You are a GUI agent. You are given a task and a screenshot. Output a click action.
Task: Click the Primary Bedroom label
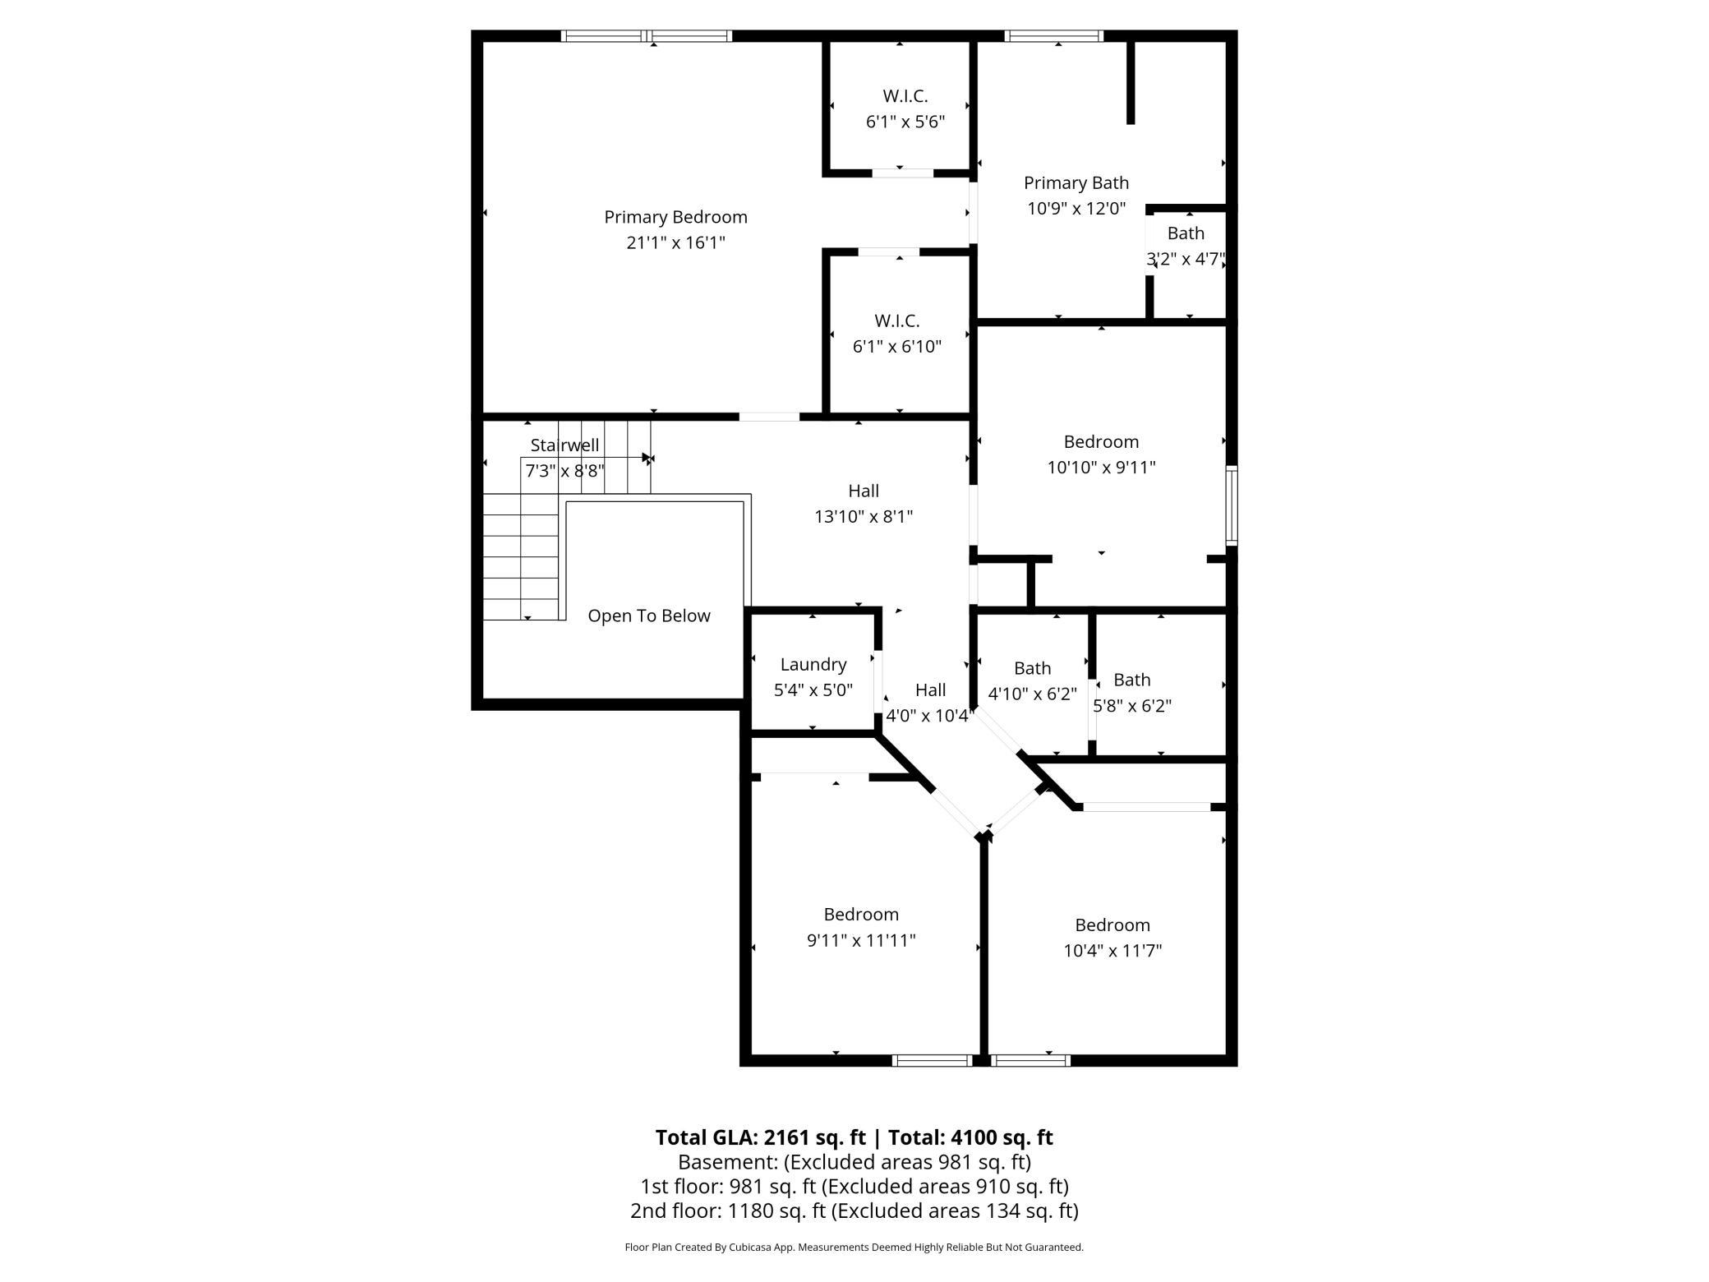coord(675,218)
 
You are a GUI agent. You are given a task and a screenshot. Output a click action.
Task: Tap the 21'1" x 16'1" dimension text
coord(675,242)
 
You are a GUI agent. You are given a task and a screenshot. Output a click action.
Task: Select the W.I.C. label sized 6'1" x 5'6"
coord(905,96)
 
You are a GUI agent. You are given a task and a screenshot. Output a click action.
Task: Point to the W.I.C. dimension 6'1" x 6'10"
coord(897,346)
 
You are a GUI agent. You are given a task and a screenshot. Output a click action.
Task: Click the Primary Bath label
coord(1076,183)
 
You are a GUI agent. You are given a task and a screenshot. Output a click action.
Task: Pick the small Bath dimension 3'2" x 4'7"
coord(1186,259)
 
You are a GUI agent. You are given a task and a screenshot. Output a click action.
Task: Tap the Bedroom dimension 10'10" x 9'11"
coord(1101,468)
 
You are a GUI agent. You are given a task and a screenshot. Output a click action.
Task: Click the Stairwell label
coord(564,445)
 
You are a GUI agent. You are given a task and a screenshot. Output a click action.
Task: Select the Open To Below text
coord(649,616)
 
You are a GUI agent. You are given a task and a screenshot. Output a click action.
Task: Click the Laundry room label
coord(813,665)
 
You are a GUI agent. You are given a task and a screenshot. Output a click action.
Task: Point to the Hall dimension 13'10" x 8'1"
coord(864,517)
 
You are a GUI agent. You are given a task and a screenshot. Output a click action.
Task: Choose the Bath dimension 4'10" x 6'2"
coord(1032,694)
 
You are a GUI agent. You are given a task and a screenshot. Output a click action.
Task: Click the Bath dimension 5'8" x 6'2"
coord(1132,706)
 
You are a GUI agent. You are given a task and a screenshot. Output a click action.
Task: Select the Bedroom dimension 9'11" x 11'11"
coord(861,940)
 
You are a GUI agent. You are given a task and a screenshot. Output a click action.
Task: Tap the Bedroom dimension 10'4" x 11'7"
coord(1112,951)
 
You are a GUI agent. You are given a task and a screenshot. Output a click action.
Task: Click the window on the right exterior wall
coord(1232,505)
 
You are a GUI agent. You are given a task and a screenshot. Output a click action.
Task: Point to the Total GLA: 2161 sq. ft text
coord(760,1137)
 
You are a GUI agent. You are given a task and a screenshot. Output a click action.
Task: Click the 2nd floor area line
coord(854,1211)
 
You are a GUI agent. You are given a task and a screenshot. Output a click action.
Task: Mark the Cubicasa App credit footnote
coord(854,1247)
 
